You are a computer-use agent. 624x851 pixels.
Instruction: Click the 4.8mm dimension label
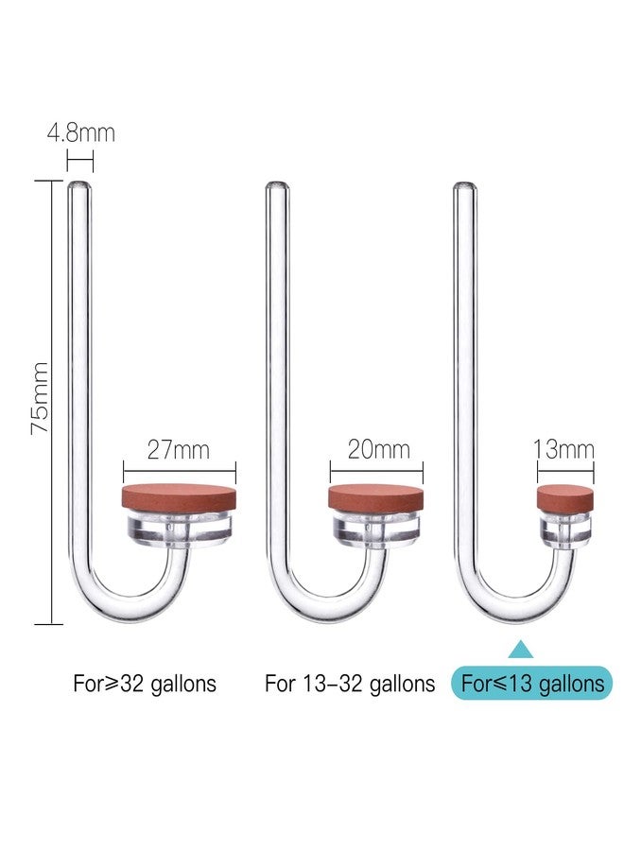coord(81,133)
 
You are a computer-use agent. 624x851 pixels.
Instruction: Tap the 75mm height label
coord(40,398)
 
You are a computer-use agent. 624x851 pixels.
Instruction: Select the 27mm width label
coord(179,450)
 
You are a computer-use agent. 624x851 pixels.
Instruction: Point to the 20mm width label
coord(378,449)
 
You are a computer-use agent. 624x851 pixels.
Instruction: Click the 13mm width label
coord(563,449)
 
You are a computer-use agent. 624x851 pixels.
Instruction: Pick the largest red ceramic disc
coord(180,499)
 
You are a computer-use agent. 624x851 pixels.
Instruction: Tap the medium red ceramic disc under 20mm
coord(376,499)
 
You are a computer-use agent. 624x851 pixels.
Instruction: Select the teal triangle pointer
coord(521,649)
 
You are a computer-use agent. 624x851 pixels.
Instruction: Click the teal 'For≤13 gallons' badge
coord(531,683)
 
